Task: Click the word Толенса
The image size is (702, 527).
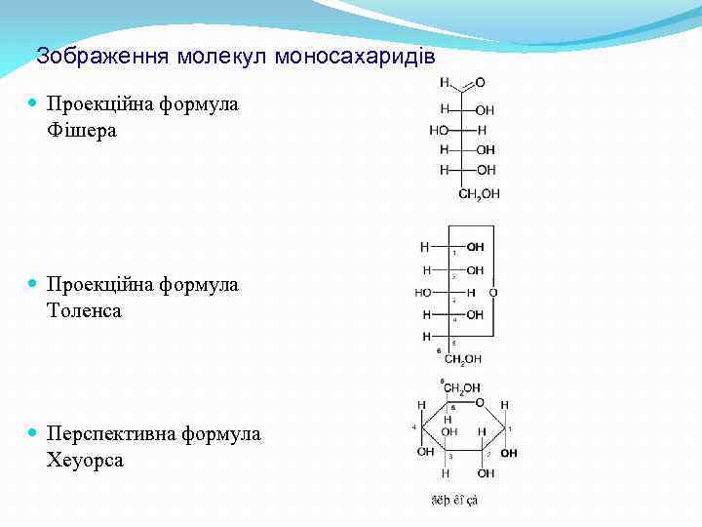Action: point(84,311)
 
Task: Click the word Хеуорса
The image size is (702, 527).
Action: point(85,460)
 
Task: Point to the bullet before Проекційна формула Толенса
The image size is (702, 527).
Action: point(34,284)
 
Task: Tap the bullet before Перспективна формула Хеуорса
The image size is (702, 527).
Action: point(34,433)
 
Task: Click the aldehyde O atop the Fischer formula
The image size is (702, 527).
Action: point(480,83)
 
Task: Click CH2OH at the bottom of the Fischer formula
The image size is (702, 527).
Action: point(479,194)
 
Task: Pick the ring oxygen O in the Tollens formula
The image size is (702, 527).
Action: point(493,292)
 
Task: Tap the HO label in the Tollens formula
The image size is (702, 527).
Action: point(424,292)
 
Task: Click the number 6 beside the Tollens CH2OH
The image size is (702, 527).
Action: point(440,350)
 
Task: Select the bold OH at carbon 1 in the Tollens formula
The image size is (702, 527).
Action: point(475,247)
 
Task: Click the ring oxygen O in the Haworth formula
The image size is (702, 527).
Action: point(479,402)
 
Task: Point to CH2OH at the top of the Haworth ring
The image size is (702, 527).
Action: point(461,387)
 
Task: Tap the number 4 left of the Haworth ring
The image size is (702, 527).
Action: point(414,427)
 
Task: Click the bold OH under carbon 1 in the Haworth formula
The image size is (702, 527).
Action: point(509,453)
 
